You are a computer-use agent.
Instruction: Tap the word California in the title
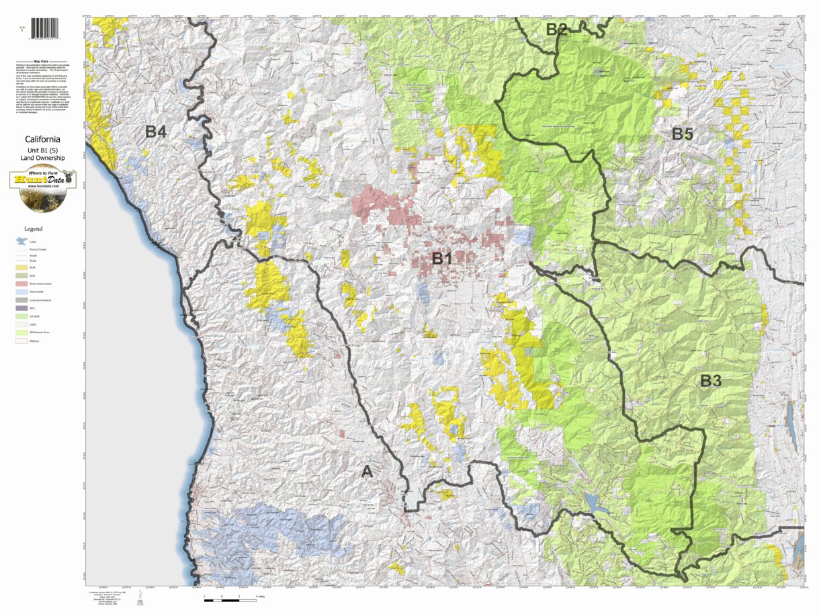point(43,140)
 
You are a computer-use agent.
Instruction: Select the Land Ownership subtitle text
point(43,158)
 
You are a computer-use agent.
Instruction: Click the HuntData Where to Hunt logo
point(42,188)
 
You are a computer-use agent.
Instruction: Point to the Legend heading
point(33,229)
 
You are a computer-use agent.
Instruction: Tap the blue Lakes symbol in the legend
point(21,241)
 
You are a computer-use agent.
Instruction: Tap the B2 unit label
point(556,29)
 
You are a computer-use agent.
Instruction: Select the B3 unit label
point(710,381)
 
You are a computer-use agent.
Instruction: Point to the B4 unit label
point(155,132)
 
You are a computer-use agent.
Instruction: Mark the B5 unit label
point(682,134)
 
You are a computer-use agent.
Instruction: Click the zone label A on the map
point(367,472)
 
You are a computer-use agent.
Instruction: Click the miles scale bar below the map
point(222,596)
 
